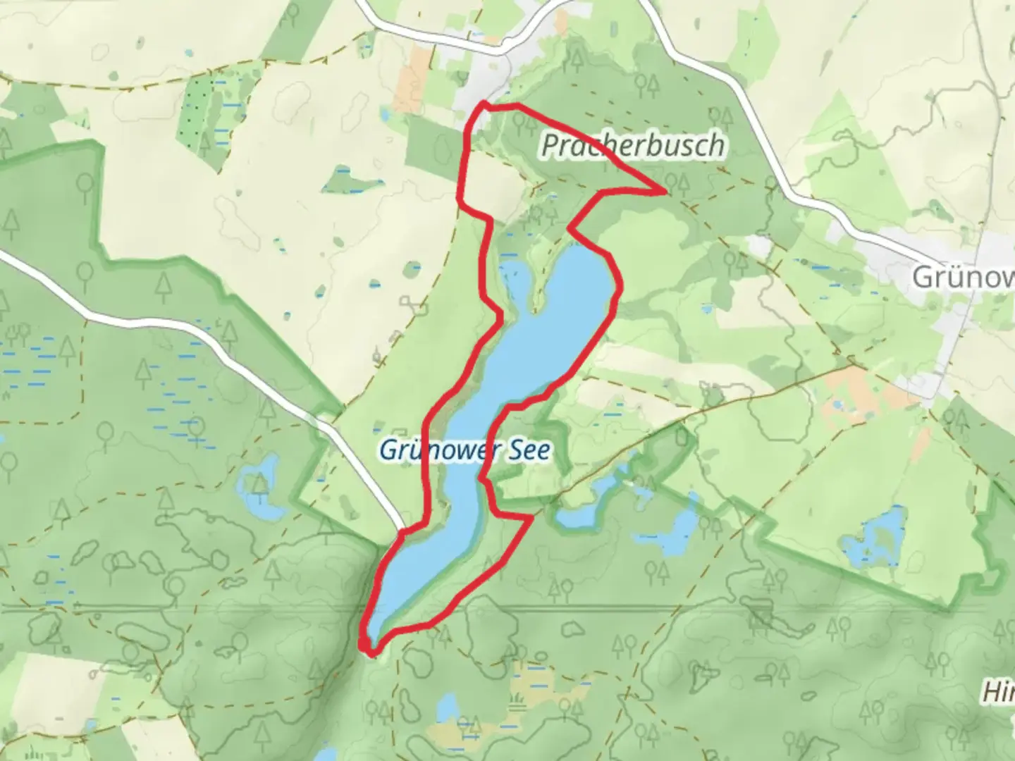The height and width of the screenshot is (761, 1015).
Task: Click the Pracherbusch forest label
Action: [x=632, y=145]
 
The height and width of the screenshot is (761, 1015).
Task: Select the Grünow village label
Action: [x=962, y=277]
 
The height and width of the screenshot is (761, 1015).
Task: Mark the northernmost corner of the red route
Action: [x=484, y=104]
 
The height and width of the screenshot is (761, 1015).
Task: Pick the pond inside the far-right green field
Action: [x=874, y=539]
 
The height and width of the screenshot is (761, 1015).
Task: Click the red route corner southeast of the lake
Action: [x=530, y=519]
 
